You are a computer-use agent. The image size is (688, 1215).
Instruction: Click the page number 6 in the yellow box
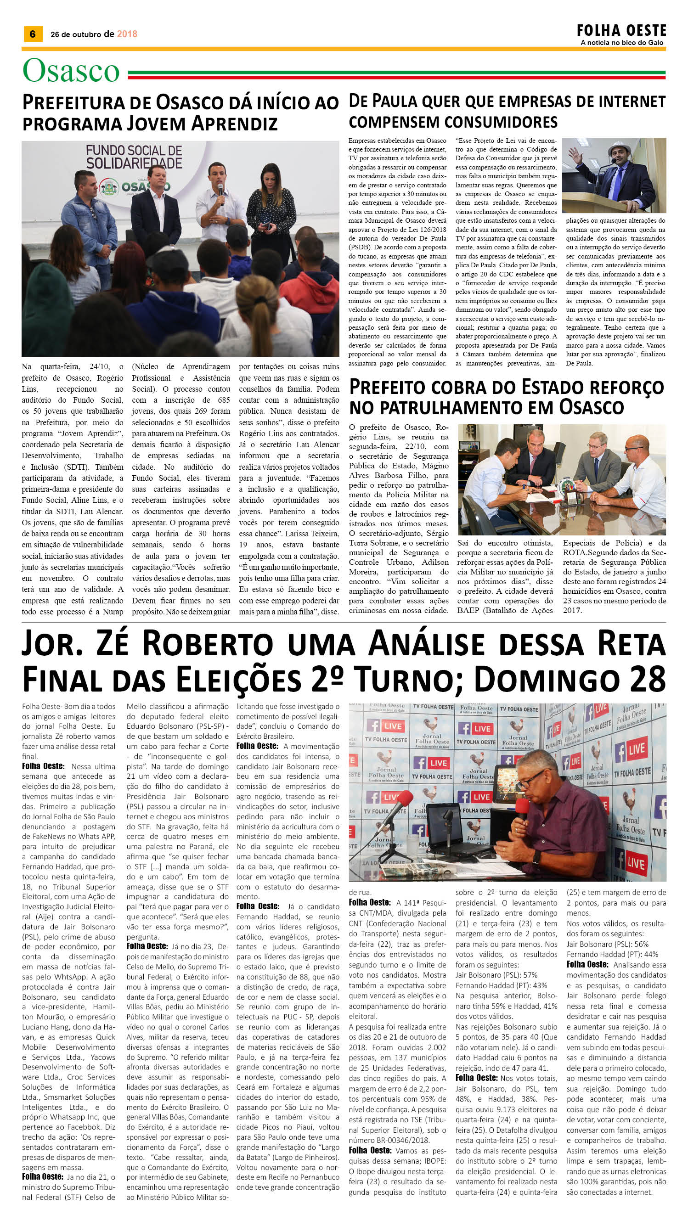click(x=33, y=34)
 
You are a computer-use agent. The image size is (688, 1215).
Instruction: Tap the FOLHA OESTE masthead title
click(x=621, y=31)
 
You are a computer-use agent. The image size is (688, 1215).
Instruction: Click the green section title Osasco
click(x=71, y=71)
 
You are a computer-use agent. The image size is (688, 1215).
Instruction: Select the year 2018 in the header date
click(x=127, y=34)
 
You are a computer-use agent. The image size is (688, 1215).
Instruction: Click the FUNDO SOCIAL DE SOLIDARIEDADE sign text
click(x=134, y=157)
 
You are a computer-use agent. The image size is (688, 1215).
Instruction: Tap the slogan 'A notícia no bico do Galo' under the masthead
click(x=622, y=43)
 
